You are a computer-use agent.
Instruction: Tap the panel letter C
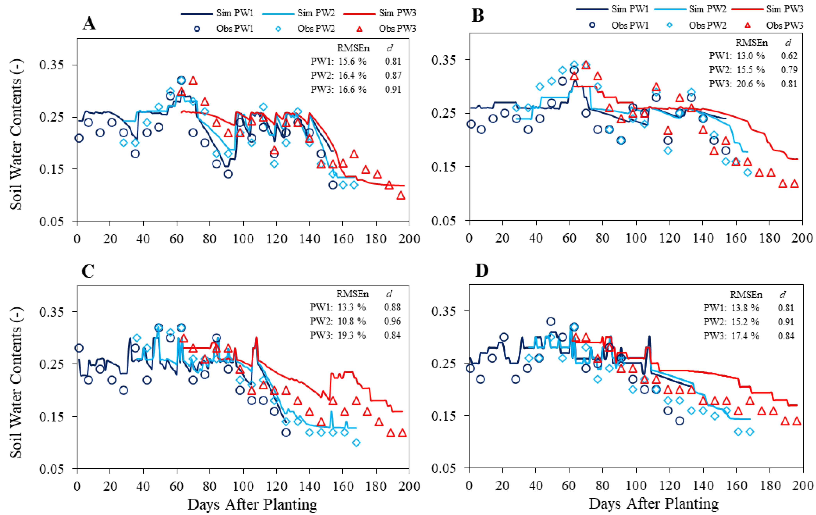click(88, 271)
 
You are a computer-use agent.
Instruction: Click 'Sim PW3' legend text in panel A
click(397, 13)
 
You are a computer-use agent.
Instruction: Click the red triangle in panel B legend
click(747, 25)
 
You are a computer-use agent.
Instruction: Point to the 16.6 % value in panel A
click(352, 89)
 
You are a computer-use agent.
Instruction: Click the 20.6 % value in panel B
click(751, 84)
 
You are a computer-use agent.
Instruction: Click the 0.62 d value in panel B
click(789, 56)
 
